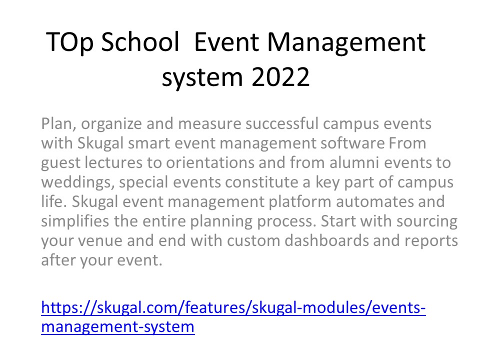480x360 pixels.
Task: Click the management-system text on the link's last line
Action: click(x=117, y=327)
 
